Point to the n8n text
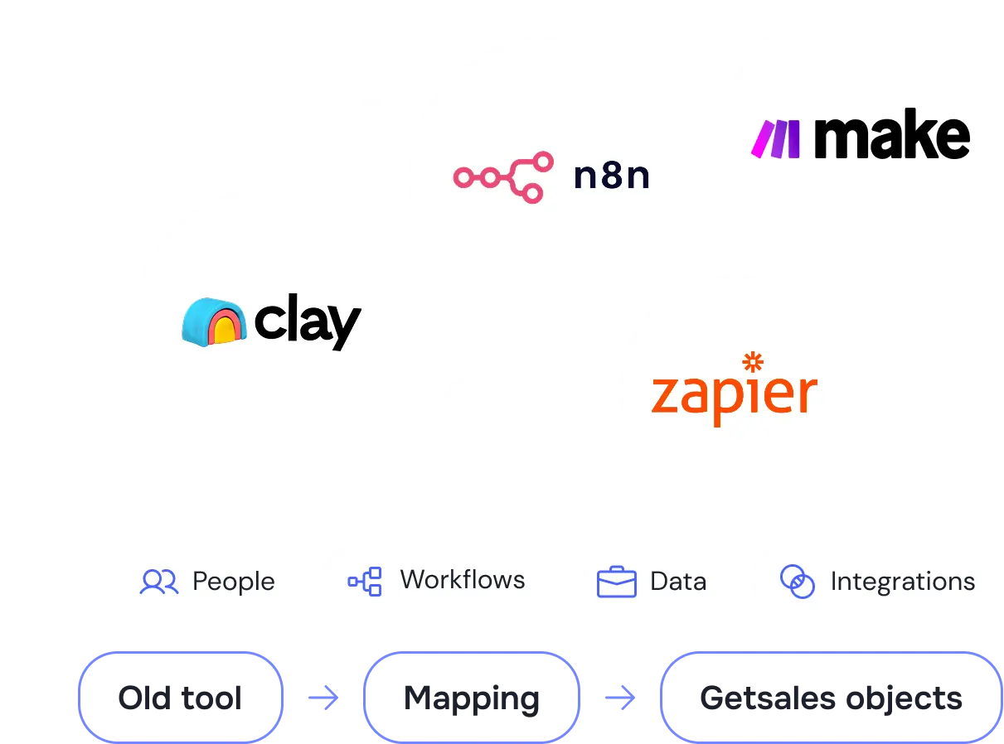(x=611, y=177)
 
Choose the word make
(x=891, y=137)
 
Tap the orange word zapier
(x=734, y=396)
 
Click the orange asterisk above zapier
(x=753, y=361)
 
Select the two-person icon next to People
(x=159, y=582)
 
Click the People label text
(x=233, y=582)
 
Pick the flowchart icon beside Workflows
(x=365, y=582)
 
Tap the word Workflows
(x=462, y=580)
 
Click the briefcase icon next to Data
(x=616, y=582)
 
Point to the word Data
(x=677, y=582)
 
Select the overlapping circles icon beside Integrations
(x=797, y=582)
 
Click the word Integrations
(x=902, y=582)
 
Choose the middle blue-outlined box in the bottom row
(x=472, y=698)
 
